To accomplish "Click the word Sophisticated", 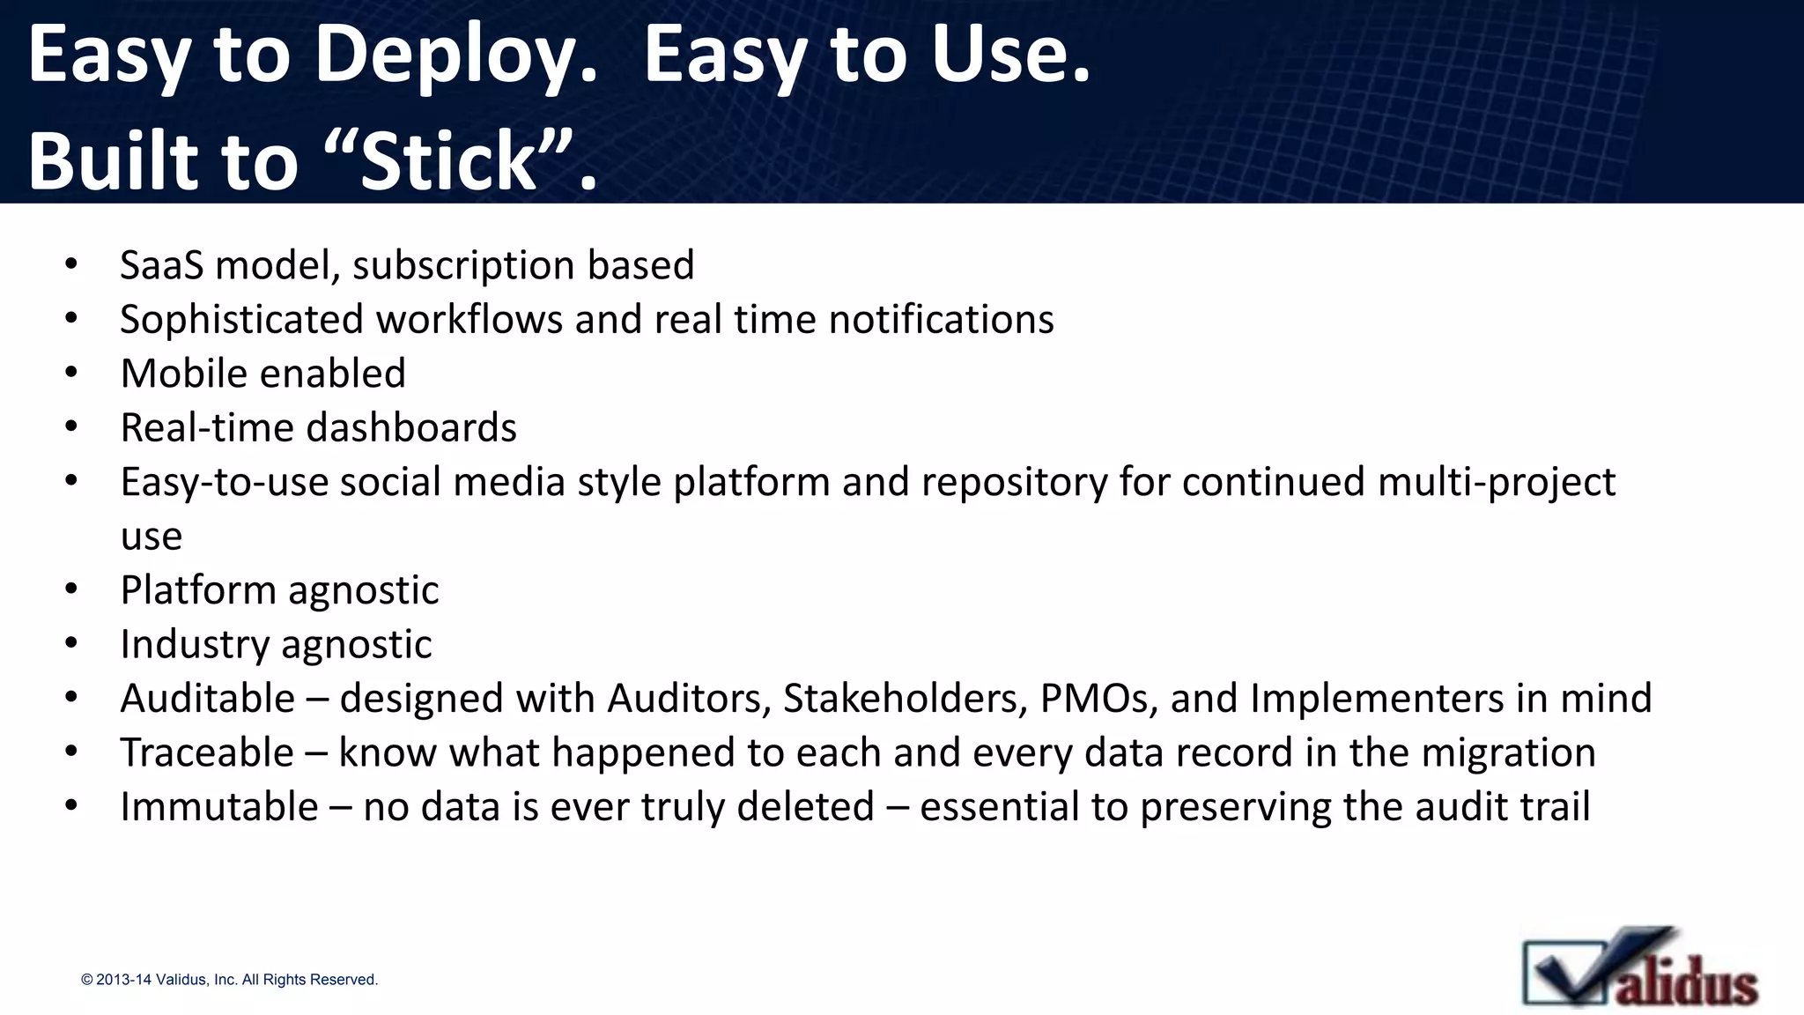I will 241,320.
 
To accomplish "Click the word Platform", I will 198,590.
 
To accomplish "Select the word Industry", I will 195,645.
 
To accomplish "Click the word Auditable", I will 208,699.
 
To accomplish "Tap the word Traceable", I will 207,753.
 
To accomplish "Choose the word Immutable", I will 219,807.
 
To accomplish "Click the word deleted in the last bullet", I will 805,807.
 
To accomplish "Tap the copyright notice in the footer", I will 229,980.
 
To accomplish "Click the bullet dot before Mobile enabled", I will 71,374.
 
